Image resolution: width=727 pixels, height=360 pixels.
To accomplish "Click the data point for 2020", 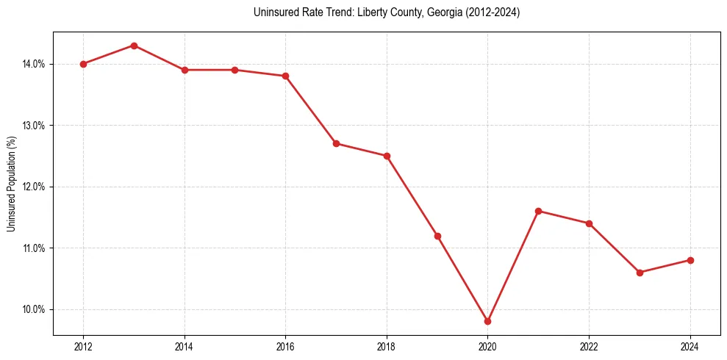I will tap(487, 321).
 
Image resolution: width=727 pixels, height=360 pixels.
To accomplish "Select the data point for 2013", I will tap(134, 46).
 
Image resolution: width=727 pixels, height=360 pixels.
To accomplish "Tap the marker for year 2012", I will tap(83, 64).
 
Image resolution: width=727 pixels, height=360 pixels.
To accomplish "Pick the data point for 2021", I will tap(538, 211).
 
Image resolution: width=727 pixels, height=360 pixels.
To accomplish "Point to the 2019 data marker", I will tap(437, 236).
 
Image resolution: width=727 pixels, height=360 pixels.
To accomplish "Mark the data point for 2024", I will tap(690, 260).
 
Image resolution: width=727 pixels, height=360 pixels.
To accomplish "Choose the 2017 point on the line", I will tap(336, 143).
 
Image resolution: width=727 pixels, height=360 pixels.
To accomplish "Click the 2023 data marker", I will tap(640, 273).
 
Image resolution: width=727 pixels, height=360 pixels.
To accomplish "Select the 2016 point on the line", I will tap(285, 76).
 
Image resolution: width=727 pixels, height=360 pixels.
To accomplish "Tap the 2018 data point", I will tap(387, 156).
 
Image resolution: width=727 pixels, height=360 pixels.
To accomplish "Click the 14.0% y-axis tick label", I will tap(34, 64).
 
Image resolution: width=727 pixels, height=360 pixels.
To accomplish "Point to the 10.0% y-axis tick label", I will tap(34, 309).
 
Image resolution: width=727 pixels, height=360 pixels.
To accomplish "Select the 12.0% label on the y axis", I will tap(34, 187).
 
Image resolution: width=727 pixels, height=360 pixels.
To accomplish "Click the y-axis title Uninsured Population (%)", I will tap(12, 184).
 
